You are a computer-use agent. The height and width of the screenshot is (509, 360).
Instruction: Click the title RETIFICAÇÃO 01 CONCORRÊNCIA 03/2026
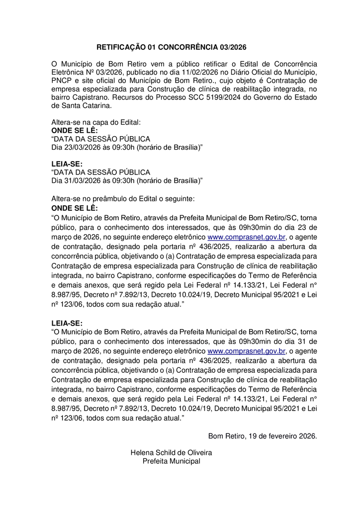pyautogui.click(x=171, y=47)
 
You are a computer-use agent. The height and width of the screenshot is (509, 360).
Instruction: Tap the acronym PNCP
pyautogui.click(x=62, y=81)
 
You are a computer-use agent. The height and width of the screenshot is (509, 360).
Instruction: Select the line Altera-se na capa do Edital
pyautogui.click(x=96, y=122)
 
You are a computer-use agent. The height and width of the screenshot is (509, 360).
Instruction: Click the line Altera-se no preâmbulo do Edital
pyautogui.click(x=123, y=198)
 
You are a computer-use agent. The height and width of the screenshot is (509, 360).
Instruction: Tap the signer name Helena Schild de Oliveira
pyautogui.click(x=171, y=453)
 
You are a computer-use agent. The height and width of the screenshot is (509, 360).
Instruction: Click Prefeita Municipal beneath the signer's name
pyautogui.click(x=171, y=461)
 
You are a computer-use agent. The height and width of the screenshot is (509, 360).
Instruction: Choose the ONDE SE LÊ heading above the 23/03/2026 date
pyautogui.click(x=75, y=130)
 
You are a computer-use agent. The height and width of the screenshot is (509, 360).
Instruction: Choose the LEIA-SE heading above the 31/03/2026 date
pyautogui.click(x=67, y=164)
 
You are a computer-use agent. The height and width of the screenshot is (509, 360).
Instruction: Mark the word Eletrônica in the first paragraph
pyautogui.click(x=70, y=72)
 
